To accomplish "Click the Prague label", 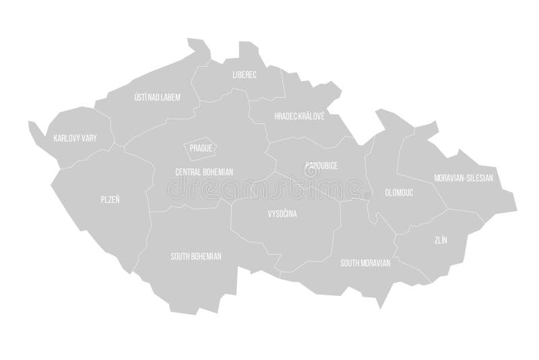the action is tap(201, 147).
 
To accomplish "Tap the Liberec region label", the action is tap(244, 74).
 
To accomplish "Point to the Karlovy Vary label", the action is tap(75, 138).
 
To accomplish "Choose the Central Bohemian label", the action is tap(203, 172).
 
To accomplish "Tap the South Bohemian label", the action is tap(196, 256).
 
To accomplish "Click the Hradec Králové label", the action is tap(299, 116).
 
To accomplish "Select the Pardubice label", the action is tap(321, 165).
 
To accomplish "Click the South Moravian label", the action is tap(365, 263).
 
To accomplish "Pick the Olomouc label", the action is tap(400, 191).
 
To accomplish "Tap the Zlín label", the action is tap(441, 239).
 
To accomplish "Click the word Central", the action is tap(187, 172).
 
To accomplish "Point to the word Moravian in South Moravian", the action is tap(376, 263).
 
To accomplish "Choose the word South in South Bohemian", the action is tap(180, 256).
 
